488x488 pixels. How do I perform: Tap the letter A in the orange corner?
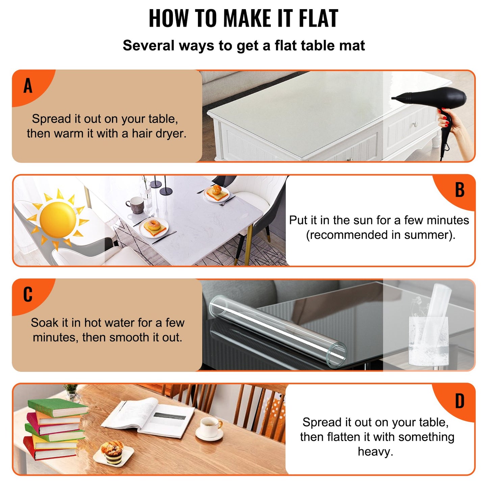[28, 85]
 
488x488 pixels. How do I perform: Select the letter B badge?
[460, 190]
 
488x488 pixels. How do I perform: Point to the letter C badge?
[28, 294]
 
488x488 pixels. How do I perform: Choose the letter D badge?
[460, 401]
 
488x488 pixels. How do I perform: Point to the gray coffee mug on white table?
[136, 205]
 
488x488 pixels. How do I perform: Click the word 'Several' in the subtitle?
[148, 46]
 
